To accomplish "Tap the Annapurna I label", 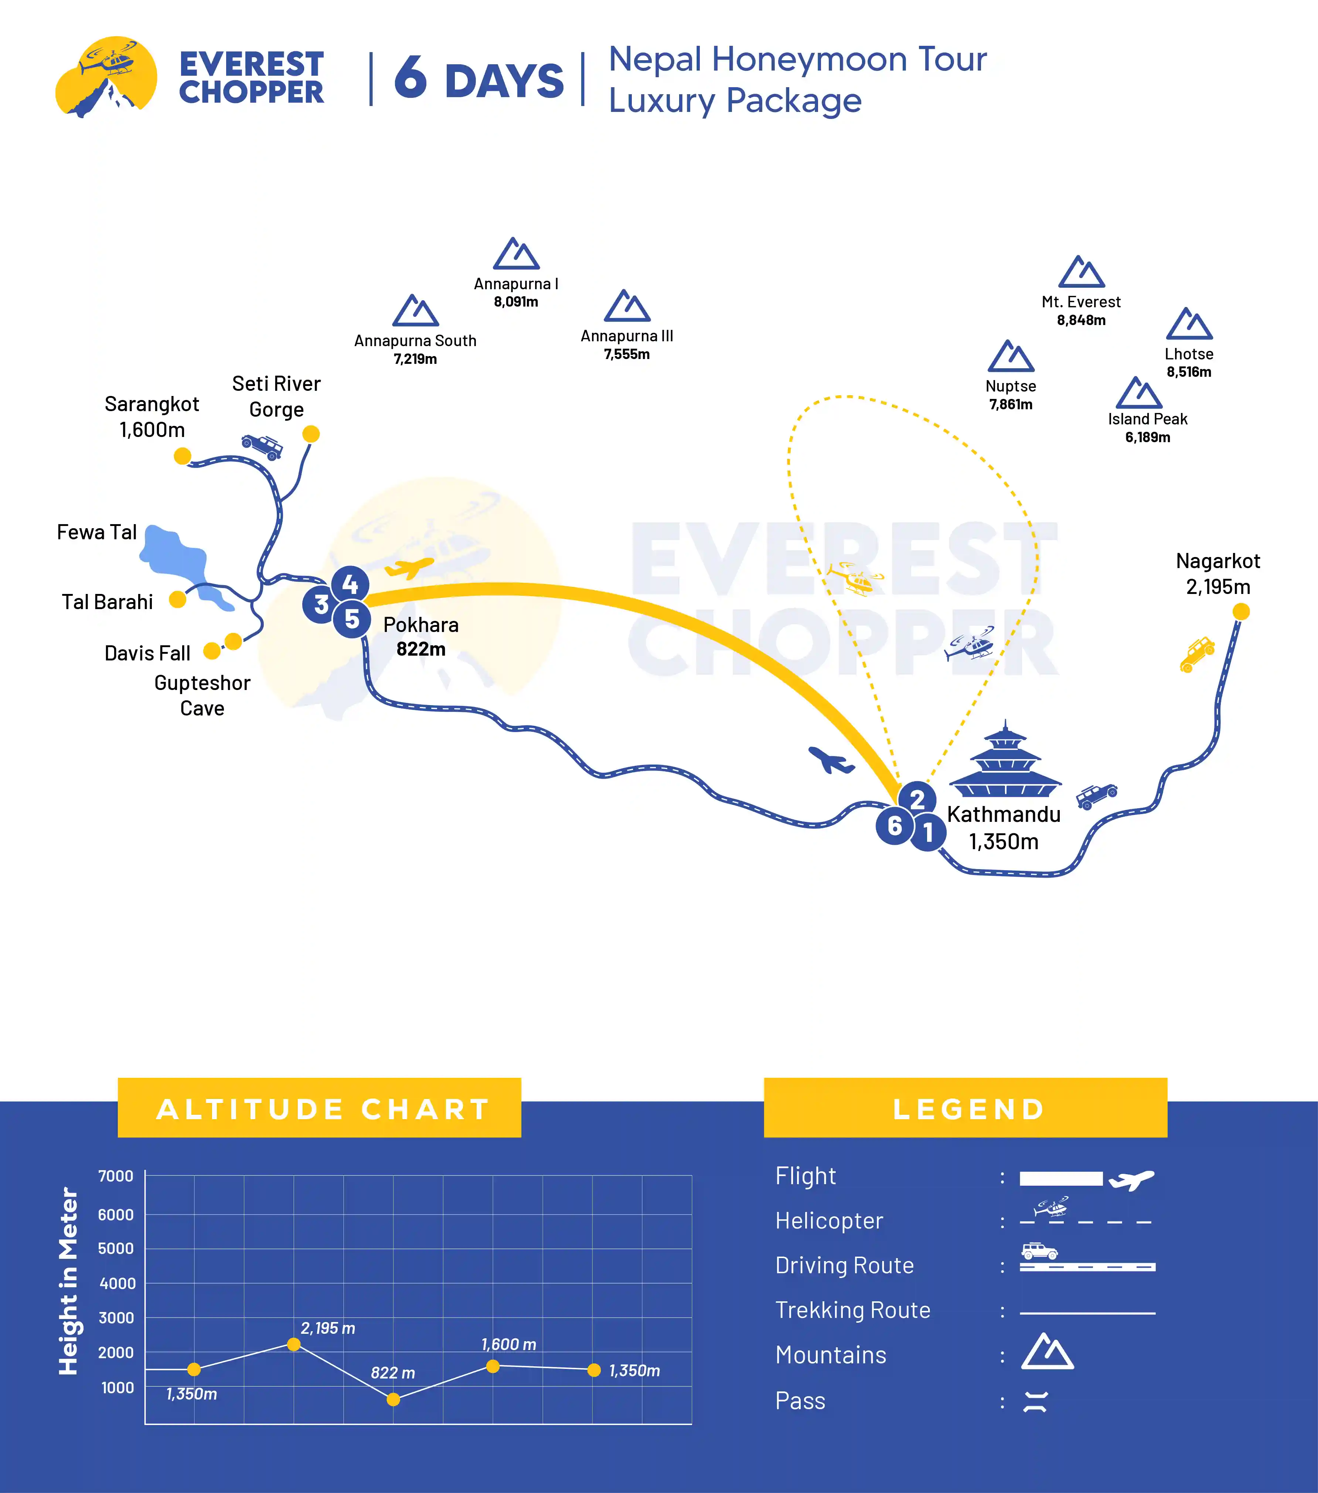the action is pos(516,283).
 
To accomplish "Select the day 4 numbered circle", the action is pos(350,584).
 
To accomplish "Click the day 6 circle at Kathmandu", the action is pos(894,826).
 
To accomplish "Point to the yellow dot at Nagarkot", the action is pos(1240,611).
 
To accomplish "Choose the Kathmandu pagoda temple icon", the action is pos(1005,760).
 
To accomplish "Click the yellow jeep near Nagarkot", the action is pos(1197,654).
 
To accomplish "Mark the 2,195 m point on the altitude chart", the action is pos(294,1344).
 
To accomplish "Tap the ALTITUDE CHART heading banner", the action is pos(319,1108).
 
